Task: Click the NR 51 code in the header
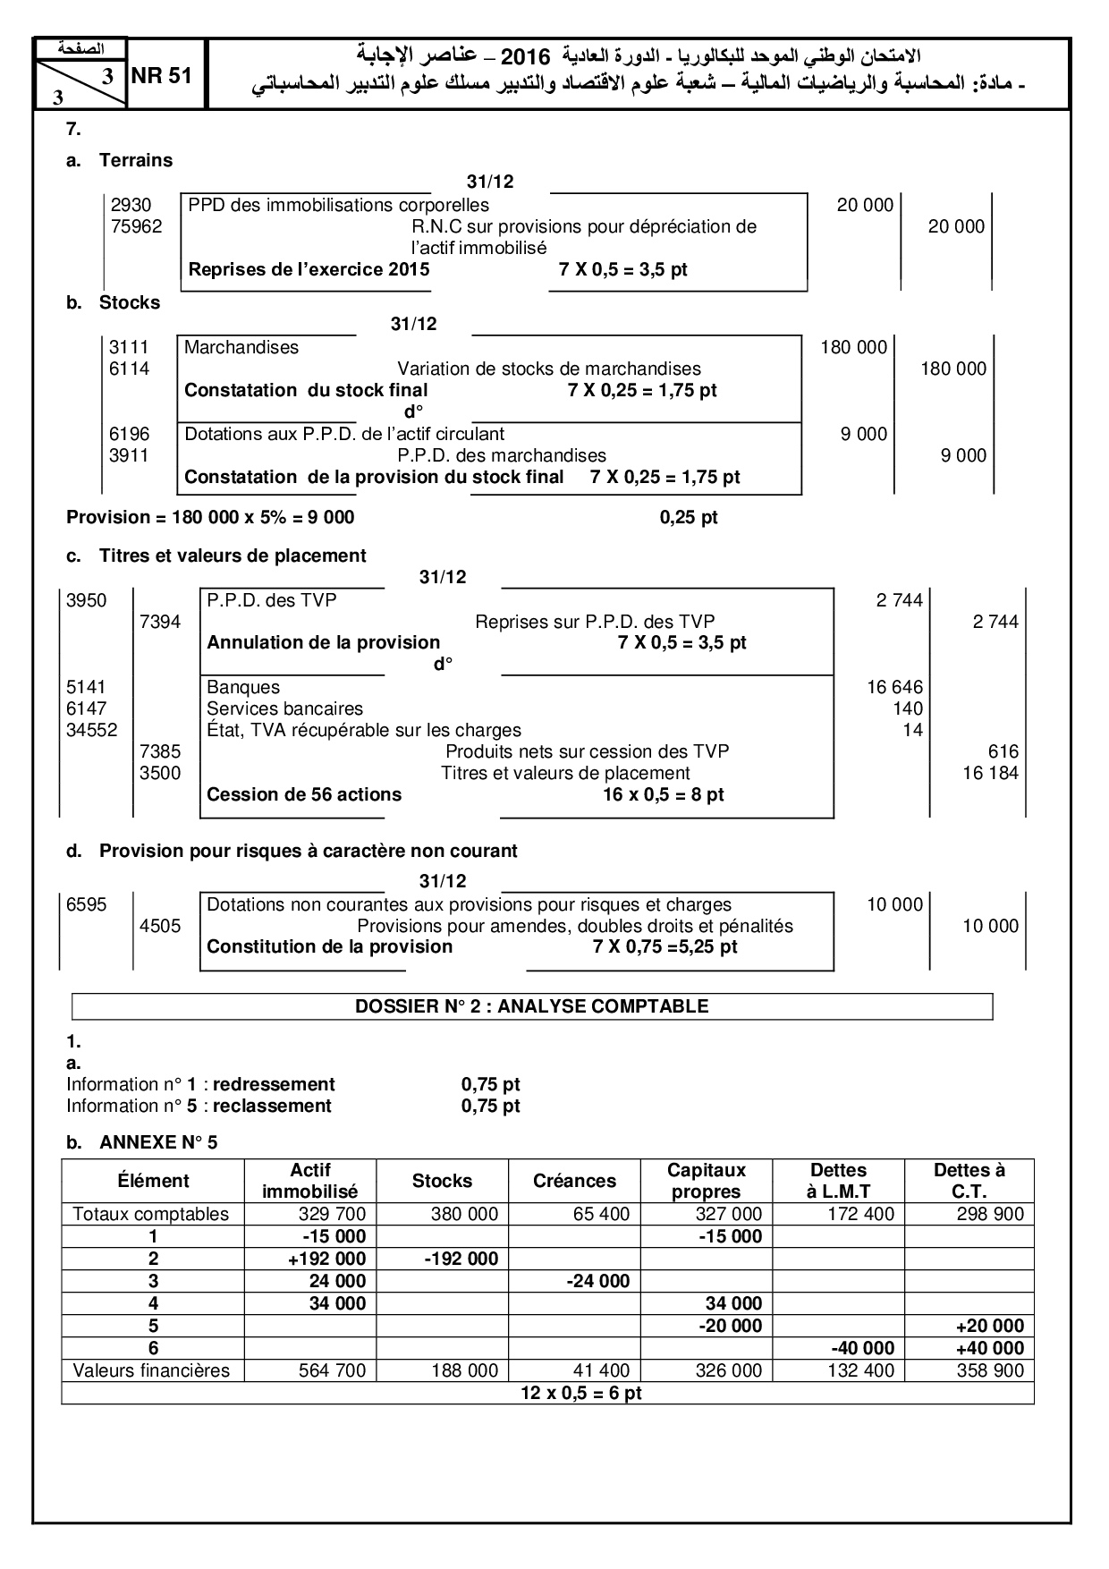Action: click(x=162, y=76)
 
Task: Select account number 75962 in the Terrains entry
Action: click(x=136, y=226)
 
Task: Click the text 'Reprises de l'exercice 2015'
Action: click(x=309, y=269)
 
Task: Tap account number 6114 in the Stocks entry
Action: click(x=130, y=369)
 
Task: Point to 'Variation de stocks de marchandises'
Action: click(x=549, y=369)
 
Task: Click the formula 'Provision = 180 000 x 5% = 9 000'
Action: click(x=210, y=517)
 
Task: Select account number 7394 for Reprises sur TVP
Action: click(x=160, y=622)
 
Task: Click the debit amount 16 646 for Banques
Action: click(x=894, y=687)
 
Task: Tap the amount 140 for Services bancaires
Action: click(x=908, y=708)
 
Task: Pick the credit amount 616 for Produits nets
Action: click(x=1003, y=751)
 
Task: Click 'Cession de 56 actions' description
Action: click(x=304, y=794)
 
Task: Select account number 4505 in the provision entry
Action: click(x=160, y=926)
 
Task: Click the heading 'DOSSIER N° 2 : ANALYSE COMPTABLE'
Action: click(x=531, y=1006)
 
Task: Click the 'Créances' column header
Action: click(x=574, y=1181)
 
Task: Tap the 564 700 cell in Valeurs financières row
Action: click(x=331, y=1370)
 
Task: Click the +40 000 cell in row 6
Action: click(x=989, y=1348)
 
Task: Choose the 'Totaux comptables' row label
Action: click(x=151, y=1214)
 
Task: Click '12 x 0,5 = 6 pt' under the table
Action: click(x=581, y=1393)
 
